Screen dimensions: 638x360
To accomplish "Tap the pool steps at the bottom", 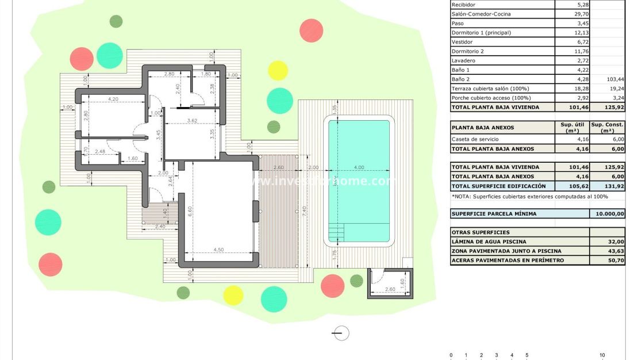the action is [x=337, y=233].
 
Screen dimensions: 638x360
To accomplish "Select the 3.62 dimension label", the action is [x=193, y=121].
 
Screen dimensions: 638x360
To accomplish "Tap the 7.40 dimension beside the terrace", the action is [x=305, y=212].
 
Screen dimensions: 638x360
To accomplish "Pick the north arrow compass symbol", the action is [x=341, y=332].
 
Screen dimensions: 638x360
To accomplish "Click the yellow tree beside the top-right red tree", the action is [x=278, y=70].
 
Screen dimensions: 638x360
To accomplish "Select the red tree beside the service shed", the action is [x=332, y=285].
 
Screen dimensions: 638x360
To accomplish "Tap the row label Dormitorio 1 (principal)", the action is [x=481, y=33].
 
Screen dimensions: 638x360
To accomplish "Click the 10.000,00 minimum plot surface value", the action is [x=607, y=213].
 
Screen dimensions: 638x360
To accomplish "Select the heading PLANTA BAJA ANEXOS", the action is [x=482, y=128].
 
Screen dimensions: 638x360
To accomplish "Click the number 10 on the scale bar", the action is [x=602, y=355].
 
